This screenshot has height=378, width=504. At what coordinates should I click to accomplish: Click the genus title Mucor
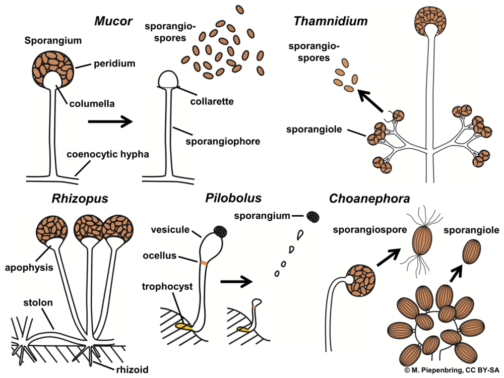coord(113,22)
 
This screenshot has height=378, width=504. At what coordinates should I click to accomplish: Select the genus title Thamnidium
coord(330,22)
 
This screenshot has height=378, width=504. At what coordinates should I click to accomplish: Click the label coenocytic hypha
coord(107,154)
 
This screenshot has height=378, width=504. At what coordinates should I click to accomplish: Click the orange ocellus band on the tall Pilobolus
coord(204,263)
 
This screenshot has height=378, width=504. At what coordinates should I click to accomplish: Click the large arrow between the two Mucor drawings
coord(110,121)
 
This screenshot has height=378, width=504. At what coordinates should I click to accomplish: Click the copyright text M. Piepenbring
coord(454,370)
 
